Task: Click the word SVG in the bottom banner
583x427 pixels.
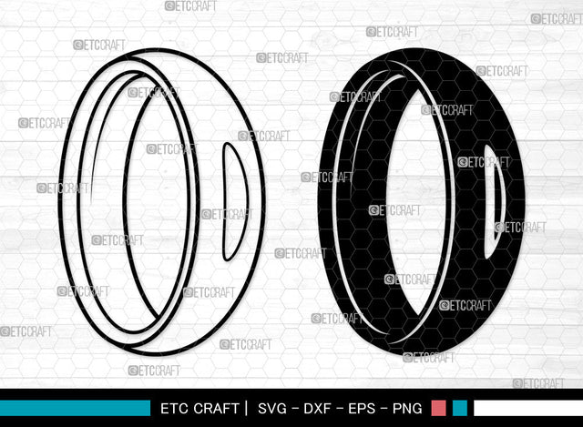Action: tap(274, 408)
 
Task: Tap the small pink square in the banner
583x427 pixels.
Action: tap(438, 408)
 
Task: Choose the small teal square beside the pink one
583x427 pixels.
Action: tap(460, 408)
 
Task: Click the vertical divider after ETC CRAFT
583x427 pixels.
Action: tap(246, 408)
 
